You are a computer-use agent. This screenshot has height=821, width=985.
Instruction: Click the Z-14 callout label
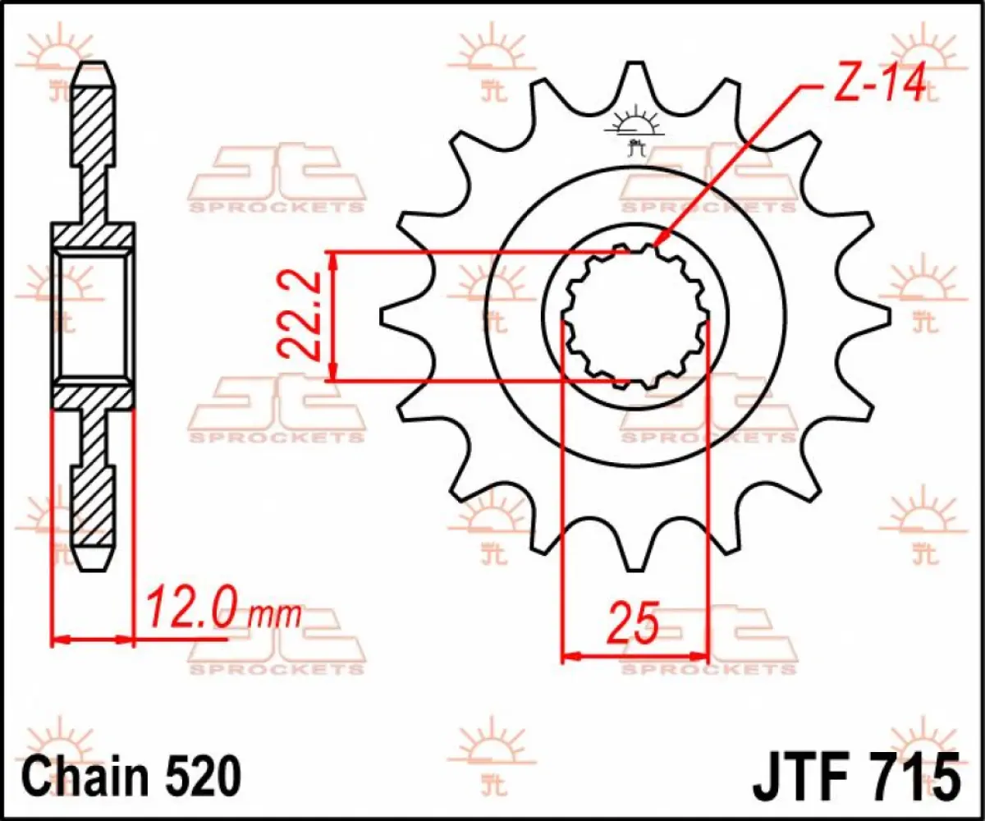tap(878, 84)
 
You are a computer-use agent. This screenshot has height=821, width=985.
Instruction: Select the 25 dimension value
tap(633, 625)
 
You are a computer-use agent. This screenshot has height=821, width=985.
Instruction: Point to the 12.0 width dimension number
tap(193, 609)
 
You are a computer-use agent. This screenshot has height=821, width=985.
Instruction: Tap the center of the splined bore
tap(635, 317)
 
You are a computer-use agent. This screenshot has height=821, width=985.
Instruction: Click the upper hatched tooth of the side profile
tap(92, 123)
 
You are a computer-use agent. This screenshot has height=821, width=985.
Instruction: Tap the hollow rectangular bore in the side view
tap(92, 316)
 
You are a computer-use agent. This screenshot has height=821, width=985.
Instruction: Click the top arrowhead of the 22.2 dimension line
tap(332, 256)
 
